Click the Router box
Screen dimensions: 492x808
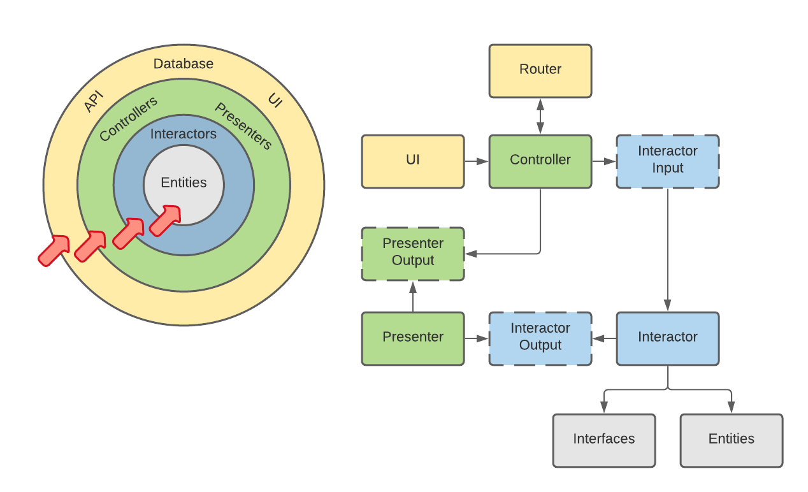(x=540, y=70)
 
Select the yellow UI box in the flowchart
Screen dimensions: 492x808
(x=413, y=161)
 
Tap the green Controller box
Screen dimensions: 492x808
(x=540, y=161)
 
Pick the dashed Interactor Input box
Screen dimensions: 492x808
(x=668, y=161)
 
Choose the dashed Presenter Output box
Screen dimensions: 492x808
(x=413, y=253)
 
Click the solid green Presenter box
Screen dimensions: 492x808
(x=413, y=338)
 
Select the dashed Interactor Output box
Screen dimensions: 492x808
(x=540, y=338)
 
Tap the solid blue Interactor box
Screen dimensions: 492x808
(x=668, y=338)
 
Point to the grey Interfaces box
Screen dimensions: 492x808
(x=604, y=440)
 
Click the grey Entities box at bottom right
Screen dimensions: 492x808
(x=732, y=440)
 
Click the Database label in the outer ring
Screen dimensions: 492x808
(x=184, y=64)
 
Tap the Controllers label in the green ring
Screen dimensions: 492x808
(x=128, y=119)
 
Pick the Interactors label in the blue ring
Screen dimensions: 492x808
(x=184, y=134)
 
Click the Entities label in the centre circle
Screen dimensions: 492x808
(x=184, y=183)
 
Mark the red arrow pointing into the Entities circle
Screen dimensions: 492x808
(x=164, y=220)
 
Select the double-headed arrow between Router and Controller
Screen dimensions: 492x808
(x=540, y=116)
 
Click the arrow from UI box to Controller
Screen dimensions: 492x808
(x=476, y=161)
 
